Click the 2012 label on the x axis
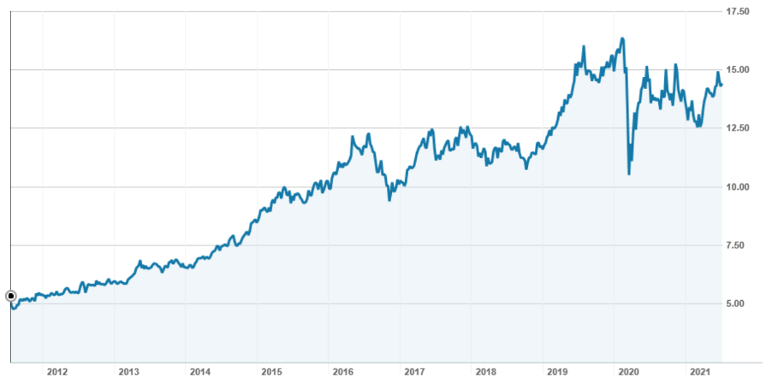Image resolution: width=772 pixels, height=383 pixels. click(x=57, y=372)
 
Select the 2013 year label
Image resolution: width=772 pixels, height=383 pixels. click(x=128, y=372)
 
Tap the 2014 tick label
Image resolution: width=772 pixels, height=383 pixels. click(x=200, y=372)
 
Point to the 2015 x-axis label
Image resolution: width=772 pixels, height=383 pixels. click(x=271, y=372)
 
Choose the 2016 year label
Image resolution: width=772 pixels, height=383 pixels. click(x=343, y=372)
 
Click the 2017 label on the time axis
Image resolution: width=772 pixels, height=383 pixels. click(x=414, y=372)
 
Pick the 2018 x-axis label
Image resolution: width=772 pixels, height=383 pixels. click(x=486, y=372)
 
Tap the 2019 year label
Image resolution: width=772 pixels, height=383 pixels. click(x=557, y=372)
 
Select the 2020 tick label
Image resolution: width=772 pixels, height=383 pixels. click(x=629, y=372)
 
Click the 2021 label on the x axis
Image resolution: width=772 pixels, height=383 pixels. click(x=700, y=372)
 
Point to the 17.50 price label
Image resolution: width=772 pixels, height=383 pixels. click(x=737, y=11)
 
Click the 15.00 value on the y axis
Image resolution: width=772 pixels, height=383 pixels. click(x=737, y=70)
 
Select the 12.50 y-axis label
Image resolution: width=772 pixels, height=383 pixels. click(x=737, y=128)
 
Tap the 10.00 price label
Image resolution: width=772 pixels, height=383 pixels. click(x=737, y=187)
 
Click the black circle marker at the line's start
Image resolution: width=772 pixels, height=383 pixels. click(x=11, y=296)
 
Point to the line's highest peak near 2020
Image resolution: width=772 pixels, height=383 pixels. click(x=622, y=38)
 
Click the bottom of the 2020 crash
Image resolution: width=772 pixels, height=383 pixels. click(x=629, y=174)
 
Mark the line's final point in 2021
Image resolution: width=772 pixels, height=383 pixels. click(x=722, y=84)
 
